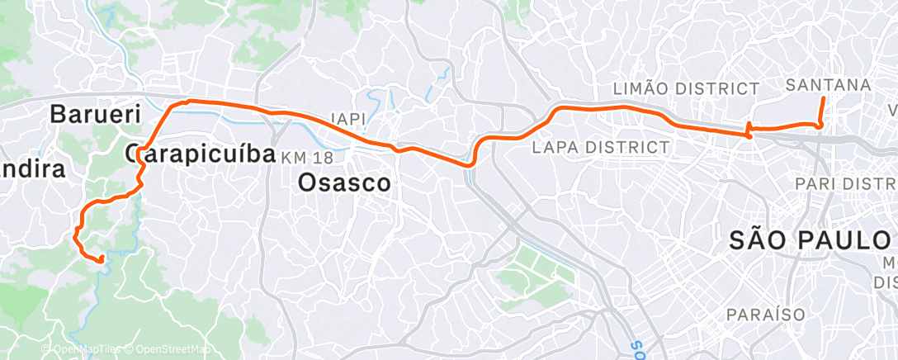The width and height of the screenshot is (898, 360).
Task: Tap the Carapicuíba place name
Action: (201, 153)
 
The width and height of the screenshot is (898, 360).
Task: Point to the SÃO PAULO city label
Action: (808, 240)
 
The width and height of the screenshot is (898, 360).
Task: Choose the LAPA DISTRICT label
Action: (600, 148)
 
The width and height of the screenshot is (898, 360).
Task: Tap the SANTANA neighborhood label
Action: (828, 85)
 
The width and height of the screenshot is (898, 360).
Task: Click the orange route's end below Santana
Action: (823, 98)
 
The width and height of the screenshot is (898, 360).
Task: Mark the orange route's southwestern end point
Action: (102, 261)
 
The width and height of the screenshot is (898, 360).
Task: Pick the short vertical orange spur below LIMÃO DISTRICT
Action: (748, 130)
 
